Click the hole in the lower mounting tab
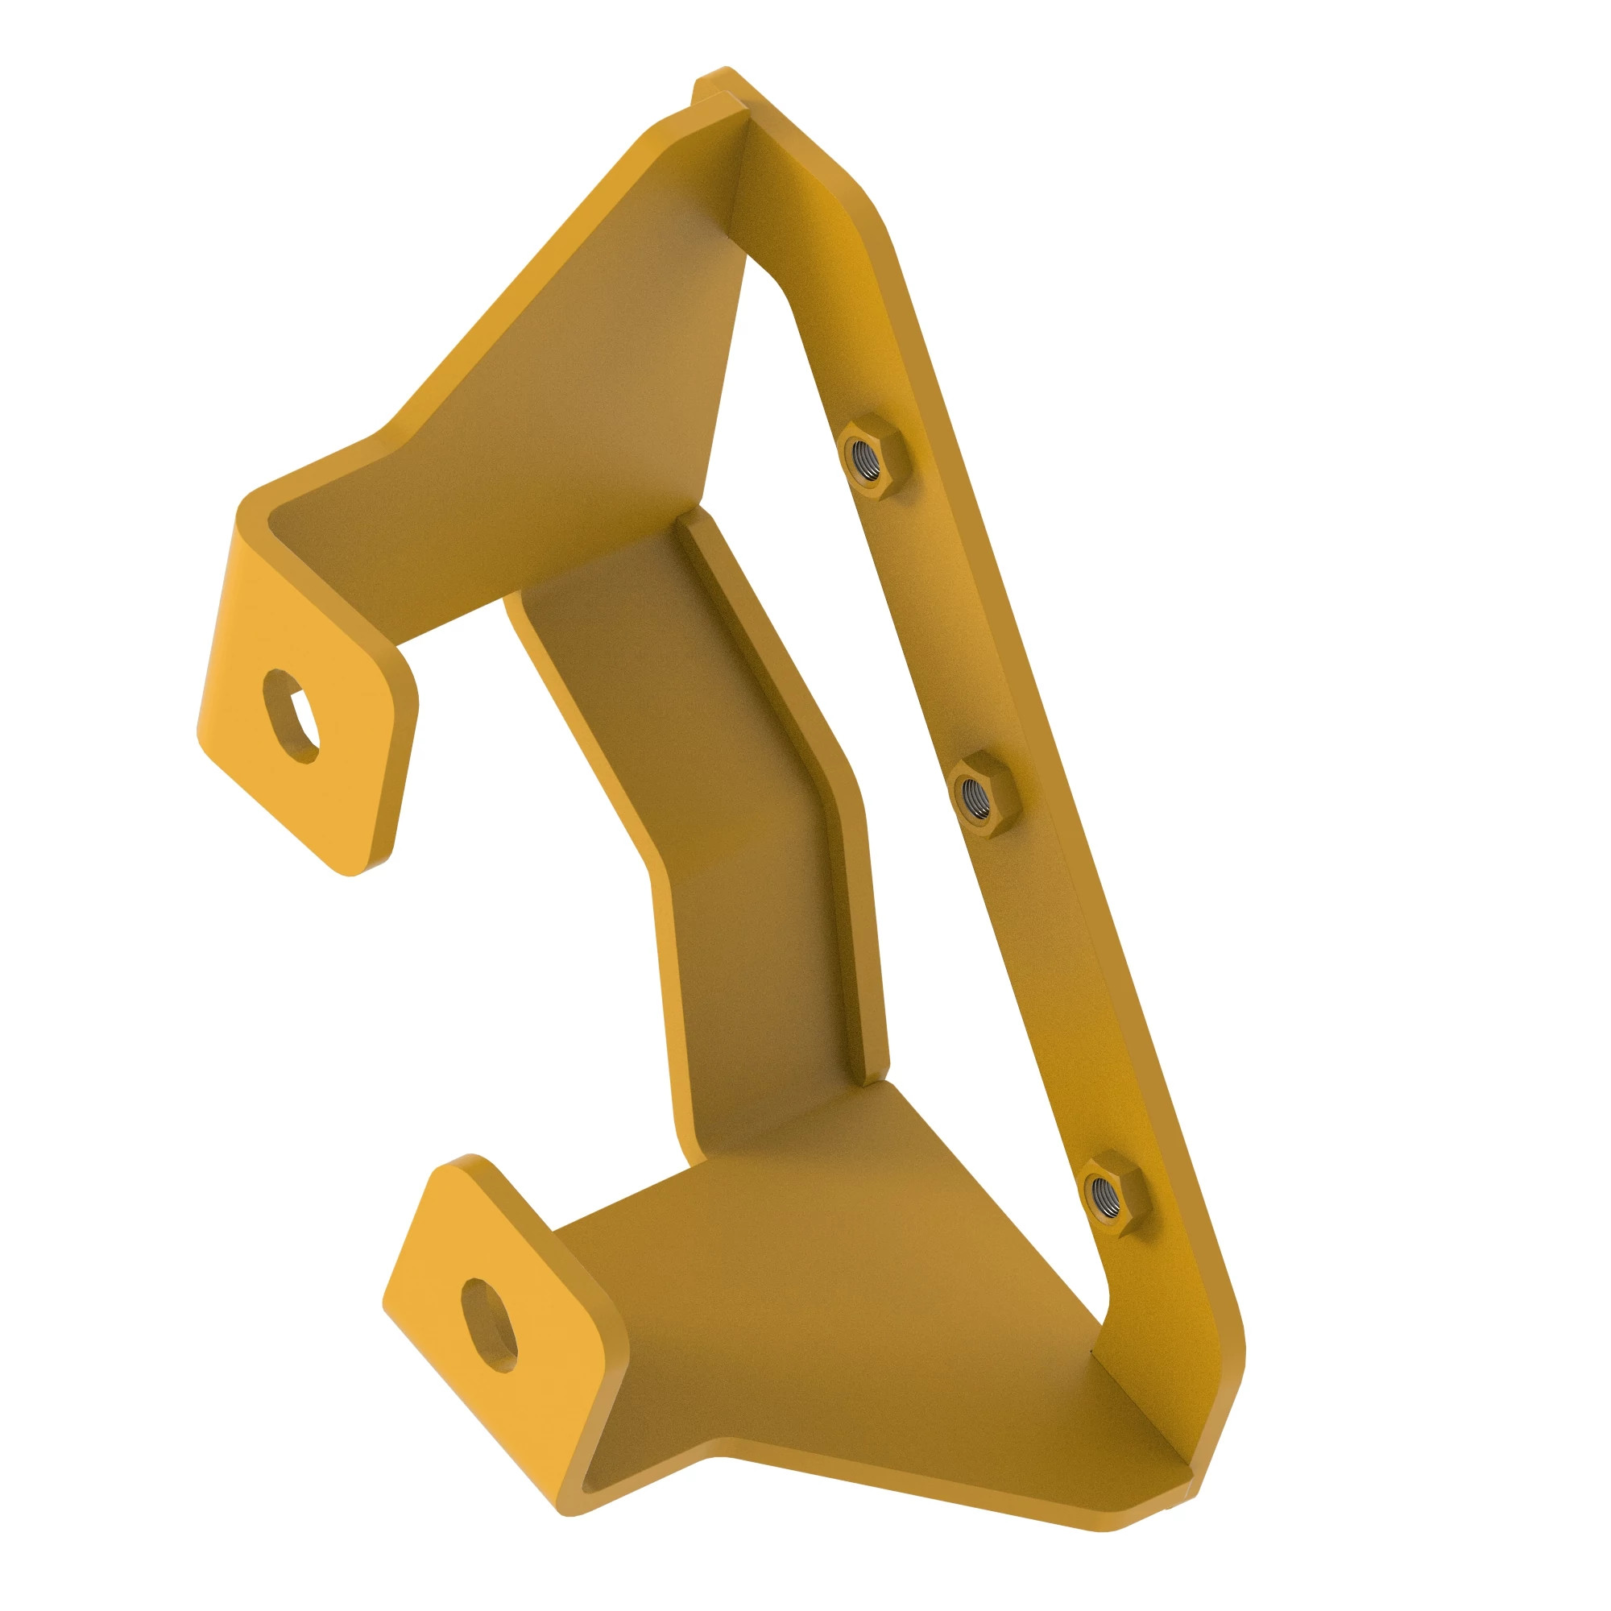click(x=491, y=1325)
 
